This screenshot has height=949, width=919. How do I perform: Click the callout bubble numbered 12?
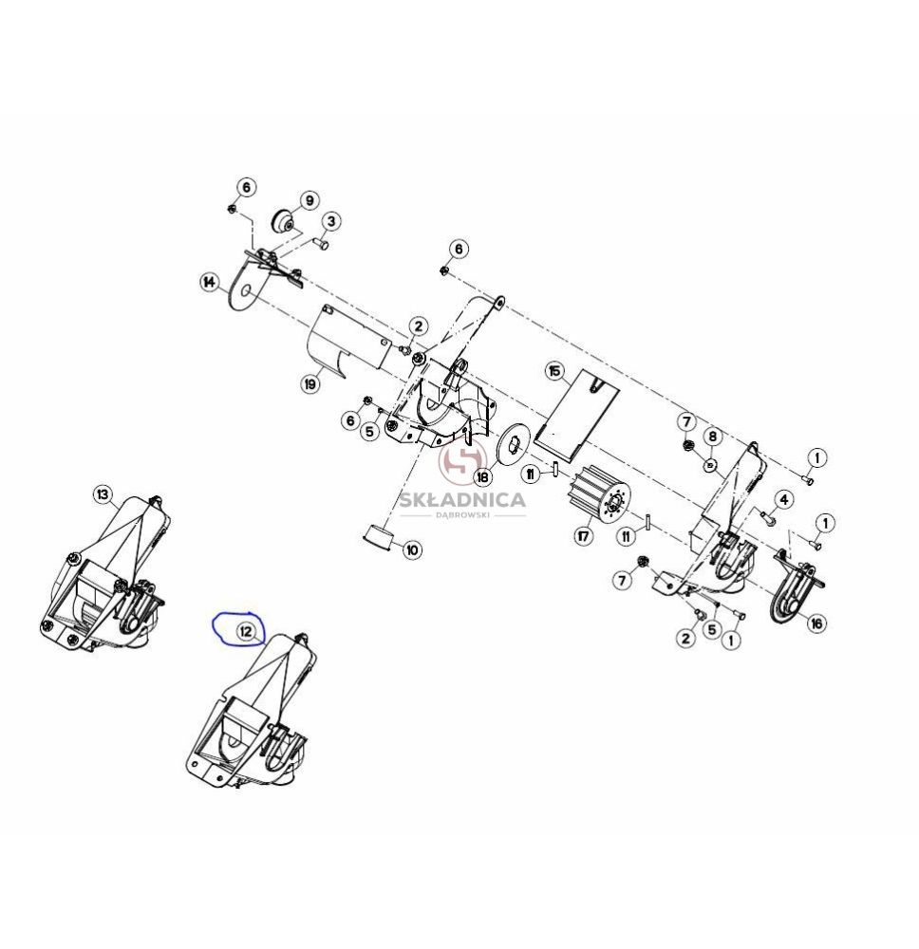pyautogui.click(x=246, y=632)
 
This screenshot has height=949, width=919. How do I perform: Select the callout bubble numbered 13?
pyautogui.click(x=103, y=494)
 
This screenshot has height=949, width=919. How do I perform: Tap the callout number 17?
pyautogui.click(x=583, y=535)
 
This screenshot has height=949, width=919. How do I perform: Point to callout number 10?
pyautogui.click(x=412, y=549)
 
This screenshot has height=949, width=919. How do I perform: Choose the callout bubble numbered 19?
pyautogui.click(x=310, y=383)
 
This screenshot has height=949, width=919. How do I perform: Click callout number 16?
pyautogui.click(x=817, y=623)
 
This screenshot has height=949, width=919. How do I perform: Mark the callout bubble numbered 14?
pyautogui.click(x=210, y=282)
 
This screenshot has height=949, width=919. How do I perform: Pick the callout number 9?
pyautogui.click(x=309, y=200)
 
